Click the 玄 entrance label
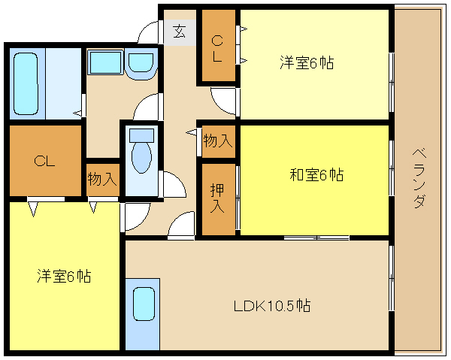pyautogui.click(x=180, y=32)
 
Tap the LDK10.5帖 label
pyautogui.click(x=272, y=306)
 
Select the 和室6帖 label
pyautogui.click(x=316, y=174)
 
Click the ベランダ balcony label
pyautogui.click(x=419, y=178)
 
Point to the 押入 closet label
pyautogui.click(x=217, y=198)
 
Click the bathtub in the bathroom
pyautogui.click(x=26, y=83)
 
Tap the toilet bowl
pyautogui.click(x=141, y=157)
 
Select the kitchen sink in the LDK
pyautogui.click(x=144, y=304)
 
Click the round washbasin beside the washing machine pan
pyautogui.click(x=141, y=65)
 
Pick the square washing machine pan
pyautogui.click(x=105, y=62)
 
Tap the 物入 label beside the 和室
pyautogui.click(x=218, y=141)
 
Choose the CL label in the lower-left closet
pyautogui.click(x=44, y=162)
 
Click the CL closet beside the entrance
pyautogui.click(x=217, y=45)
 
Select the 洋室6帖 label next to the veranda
pyautogui.click(x=307, y=62)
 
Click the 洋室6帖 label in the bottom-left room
pyautogui.click(x=64, y=276)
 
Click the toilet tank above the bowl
pyautogui.click(x=141, y=135)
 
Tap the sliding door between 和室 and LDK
pyautogui.click(x=316, y=237)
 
